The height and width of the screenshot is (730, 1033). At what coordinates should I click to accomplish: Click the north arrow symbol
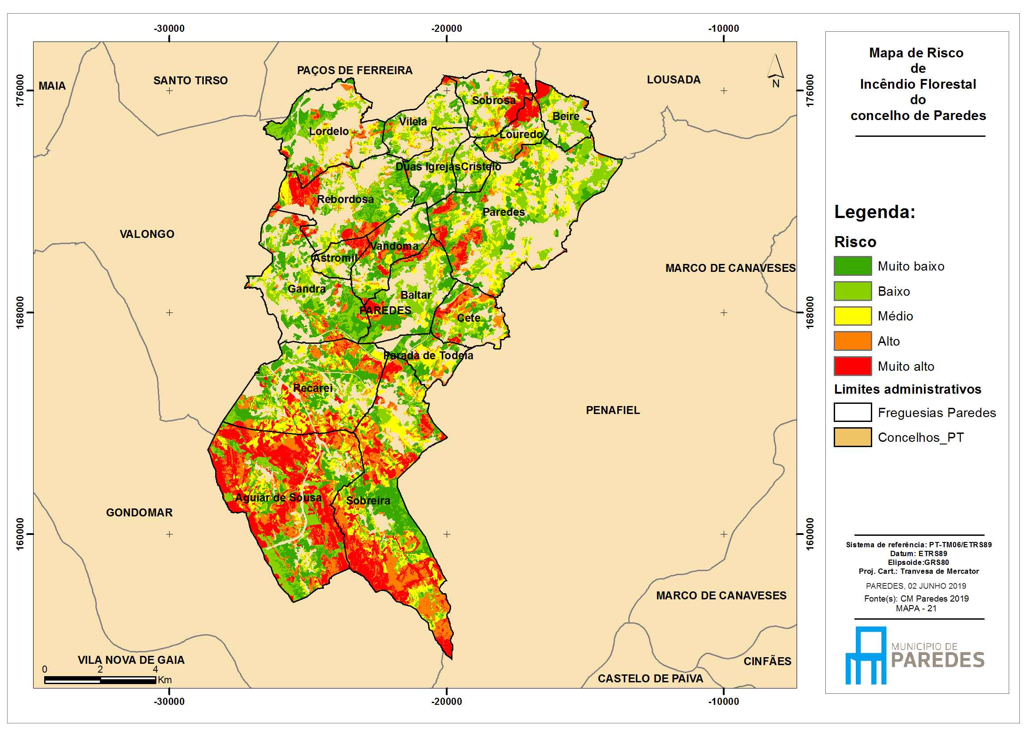(x=775, y=71)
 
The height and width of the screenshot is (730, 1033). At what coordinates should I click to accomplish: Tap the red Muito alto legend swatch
(x=853, y=366)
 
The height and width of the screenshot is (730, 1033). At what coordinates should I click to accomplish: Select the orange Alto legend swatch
(x=853, y=341)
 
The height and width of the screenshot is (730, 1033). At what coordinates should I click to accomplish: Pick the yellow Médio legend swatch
(x=853, y=316)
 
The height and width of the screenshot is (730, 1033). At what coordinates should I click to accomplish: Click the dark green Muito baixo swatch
(x=853, y=266)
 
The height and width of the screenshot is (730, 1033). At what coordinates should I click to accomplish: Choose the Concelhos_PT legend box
(x=853, y=437)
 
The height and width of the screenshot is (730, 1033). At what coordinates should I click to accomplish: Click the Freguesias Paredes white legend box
(x=853, y=412)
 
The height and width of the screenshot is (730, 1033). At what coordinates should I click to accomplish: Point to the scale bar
(x=100, y=680)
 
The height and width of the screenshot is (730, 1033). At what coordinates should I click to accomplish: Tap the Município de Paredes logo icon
(x=866, y=655)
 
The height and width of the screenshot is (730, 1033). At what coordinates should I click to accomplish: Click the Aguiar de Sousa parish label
(x=278, y=497)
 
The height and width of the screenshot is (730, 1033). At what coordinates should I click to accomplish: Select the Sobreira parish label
(x=368, y=500)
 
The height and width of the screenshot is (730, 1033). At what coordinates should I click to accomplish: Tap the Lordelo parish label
(x=329, y=131)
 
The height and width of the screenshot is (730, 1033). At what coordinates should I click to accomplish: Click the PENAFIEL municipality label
(x=612, y=410)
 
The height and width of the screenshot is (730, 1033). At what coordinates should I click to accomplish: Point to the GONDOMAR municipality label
(x=139, y=512)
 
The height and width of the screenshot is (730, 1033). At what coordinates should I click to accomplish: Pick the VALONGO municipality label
(x=147, y=234)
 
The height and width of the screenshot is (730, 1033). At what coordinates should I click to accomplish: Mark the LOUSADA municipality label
(x=673, y=79)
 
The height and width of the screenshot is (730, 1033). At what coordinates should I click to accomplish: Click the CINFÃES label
(x=767, y=661)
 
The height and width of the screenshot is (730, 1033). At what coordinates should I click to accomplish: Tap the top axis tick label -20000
(x=446, y=28)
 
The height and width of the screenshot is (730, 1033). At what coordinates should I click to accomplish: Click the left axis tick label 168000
(x=20, y=312)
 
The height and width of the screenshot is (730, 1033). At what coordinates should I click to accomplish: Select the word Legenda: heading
(x=875, y=212)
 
